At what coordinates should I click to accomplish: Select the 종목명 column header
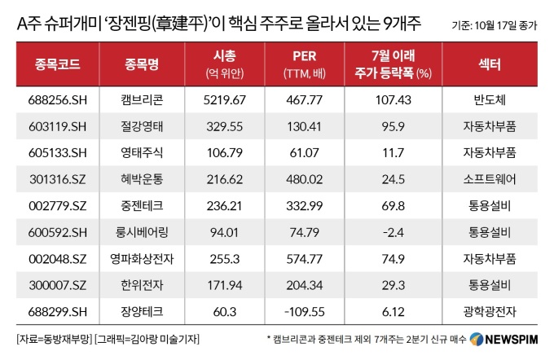pos(138,63)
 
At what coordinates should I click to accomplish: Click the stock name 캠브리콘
pos(138,99)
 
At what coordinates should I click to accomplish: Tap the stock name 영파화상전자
pos(138,257)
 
